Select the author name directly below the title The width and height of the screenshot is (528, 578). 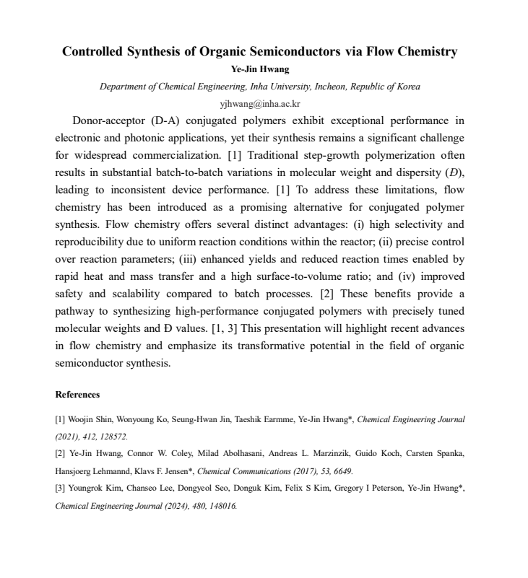tap(260, 70)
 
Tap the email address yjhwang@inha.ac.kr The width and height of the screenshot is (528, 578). tap(259, 103)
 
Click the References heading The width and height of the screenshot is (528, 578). tap(77, 395)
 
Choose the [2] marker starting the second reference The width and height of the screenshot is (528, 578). tap(61, 453)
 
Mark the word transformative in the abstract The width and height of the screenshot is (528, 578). tap(259, 346)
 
